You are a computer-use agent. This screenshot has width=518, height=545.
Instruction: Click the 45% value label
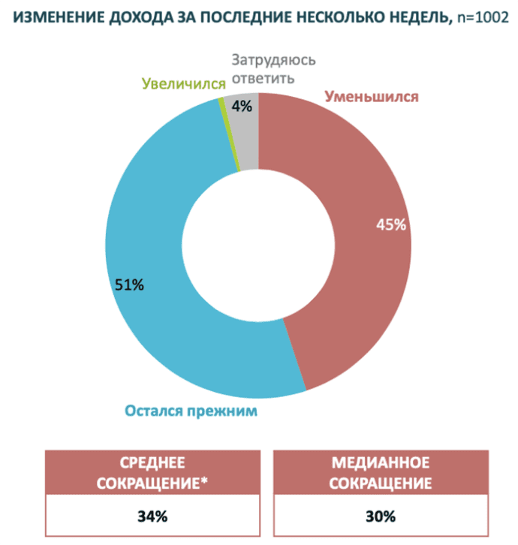[x=391, y=224]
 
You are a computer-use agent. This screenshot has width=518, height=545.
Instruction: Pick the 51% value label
[x=128, y=285]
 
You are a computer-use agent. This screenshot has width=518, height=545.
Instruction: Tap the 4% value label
[x=241, y=107]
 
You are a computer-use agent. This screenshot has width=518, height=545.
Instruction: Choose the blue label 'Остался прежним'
[x=191, y=411]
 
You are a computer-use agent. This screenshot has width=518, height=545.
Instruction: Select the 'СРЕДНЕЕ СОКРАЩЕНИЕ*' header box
[x=152, y=471]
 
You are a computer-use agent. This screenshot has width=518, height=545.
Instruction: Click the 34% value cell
[x=152, y=516]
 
